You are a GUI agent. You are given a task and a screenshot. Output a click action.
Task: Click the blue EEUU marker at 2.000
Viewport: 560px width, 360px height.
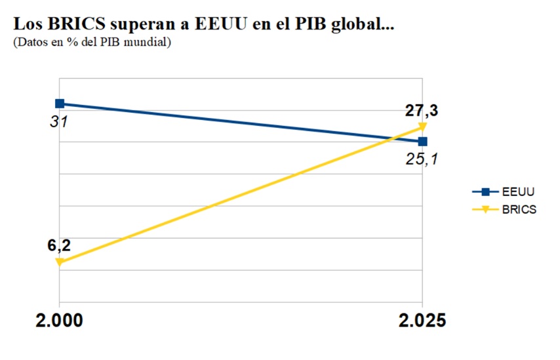[x=60, y=104]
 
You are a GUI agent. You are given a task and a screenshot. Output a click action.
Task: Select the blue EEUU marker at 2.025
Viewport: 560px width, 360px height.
[x=422, y=141]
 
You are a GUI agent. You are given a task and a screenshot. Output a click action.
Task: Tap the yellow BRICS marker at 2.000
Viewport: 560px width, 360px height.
[x=60, y=262]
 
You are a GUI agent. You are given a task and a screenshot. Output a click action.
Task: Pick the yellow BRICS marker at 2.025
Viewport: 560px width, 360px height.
[x=422, y=126]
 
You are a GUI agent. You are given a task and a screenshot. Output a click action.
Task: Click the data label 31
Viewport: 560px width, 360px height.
[x=59, y=121]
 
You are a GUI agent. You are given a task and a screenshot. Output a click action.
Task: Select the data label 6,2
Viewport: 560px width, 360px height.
[x=58, y=246]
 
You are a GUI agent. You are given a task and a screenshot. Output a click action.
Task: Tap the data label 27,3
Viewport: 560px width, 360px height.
[x=421, y=110]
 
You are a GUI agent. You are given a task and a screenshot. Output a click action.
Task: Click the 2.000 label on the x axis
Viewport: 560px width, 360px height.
[x=60, y=321]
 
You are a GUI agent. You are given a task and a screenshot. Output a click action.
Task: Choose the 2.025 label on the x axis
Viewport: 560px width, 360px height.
[x=422, y=321]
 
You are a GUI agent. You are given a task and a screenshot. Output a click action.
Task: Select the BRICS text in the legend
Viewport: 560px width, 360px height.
[x=520, y=210]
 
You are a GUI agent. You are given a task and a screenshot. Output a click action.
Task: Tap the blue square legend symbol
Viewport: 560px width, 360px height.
[x=485, y=192]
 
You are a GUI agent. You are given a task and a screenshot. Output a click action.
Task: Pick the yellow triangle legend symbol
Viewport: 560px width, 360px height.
[x=485, y=210]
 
